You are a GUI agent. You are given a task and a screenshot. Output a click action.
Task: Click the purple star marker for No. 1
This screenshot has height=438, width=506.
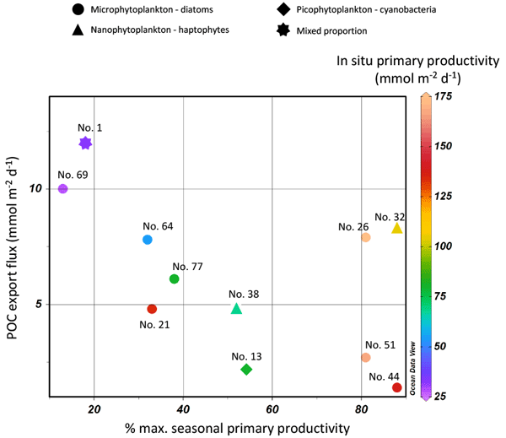coord(85,143)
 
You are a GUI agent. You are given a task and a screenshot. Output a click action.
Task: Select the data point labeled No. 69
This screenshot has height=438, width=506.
coord(62,189)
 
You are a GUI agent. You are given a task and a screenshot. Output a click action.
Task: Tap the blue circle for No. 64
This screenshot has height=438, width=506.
coord(148,240)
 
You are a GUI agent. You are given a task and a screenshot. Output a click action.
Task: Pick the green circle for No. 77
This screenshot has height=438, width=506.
coord(175,278)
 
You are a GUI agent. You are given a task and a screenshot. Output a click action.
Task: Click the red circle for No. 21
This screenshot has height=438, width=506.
coord(152,309)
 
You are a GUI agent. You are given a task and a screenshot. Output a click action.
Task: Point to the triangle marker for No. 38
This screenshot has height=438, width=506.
coord(237,308)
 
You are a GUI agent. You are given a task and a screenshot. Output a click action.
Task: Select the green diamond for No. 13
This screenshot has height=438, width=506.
coord(246,370)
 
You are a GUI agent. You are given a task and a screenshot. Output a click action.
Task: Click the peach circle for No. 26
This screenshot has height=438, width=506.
coord(365,238)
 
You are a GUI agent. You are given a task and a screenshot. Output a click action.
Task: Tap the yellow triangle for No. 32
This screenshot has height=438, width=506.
coord(397,228)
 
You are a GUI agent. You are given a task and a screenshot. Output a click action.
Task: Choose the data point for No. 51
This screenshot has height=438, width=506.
coord(365,358)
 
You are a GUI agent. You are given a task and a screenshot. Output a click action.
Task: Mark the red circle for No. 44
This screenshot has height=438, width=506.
coord(396,387)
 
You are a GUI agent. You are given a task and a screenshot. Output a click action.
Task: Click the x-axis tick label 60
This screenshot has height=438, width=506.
coord(272,410)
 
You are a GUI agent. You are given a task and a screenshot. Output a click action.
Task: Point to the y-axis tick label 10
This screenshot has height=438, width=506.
coord(36,188)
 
